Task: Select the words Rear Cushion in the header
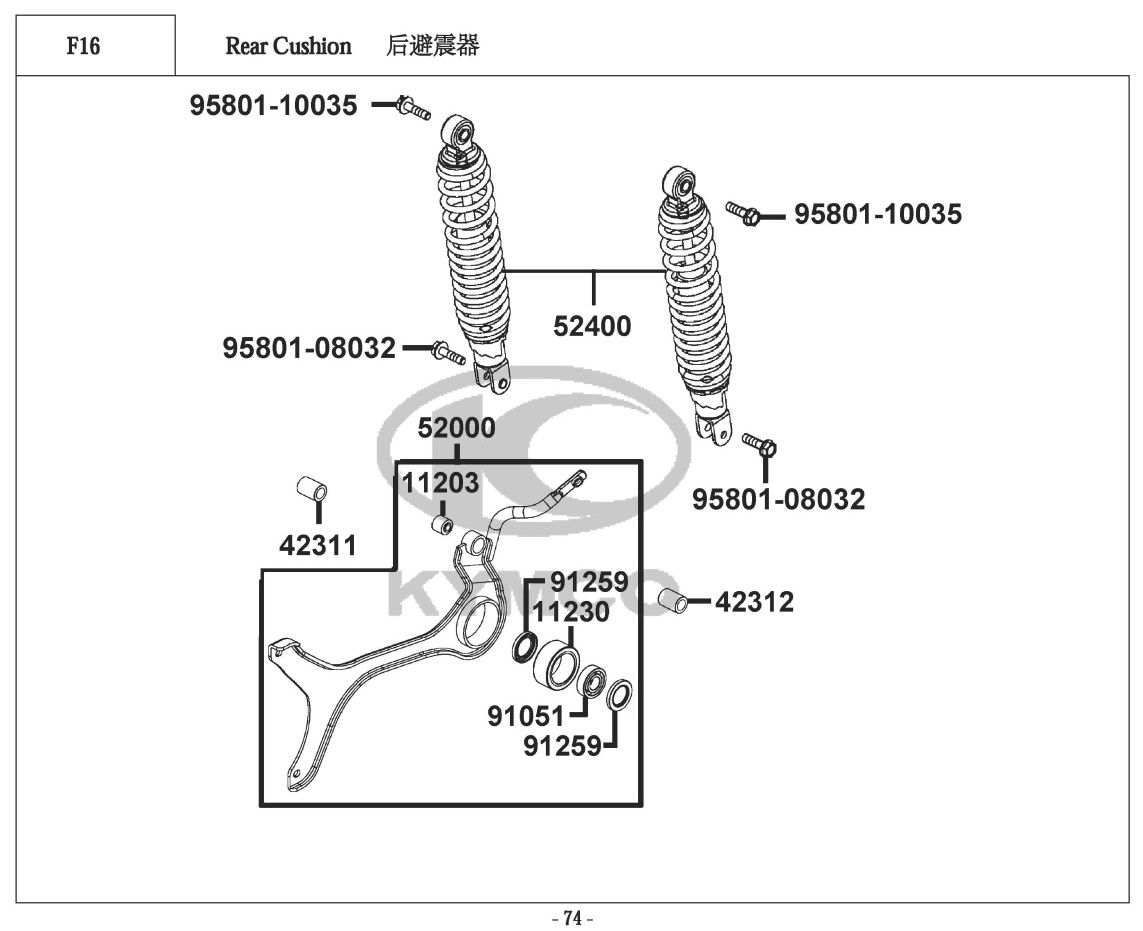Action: (288, 46)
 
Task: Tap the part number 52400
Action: (593, 326)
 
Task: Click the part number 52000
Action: (456, 429)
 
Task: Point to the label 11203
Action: (441, 484)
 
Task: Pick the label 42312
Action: (754, 602)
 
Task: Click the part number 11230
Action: (570, 611)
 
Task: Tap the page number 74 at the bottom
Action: (572, 918)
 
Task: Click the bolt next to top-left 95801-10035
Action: (411, 106)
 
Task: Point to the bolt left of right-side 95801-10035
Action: (744, 213)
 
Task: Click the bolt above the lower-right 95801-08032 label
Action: (762, 447)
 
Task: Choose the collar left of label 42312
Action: (675, 602)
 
